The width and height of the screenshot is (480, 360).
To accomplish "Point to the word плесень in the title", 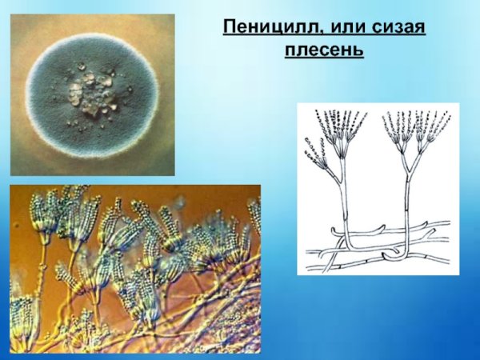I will [x=324, y=50].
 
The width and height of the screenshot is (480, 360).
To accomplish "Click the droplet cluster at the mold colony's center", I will [x=91, y=90].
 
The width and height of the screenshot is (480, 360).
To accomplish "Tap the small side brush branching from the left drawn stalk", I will [x=317, y=156].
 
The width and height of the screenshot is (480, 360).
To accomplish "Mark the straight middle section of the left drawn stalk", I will [x=343, y=200].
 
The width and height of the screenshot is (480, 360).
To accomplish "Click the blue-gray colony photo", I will [x=92, y=94].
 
